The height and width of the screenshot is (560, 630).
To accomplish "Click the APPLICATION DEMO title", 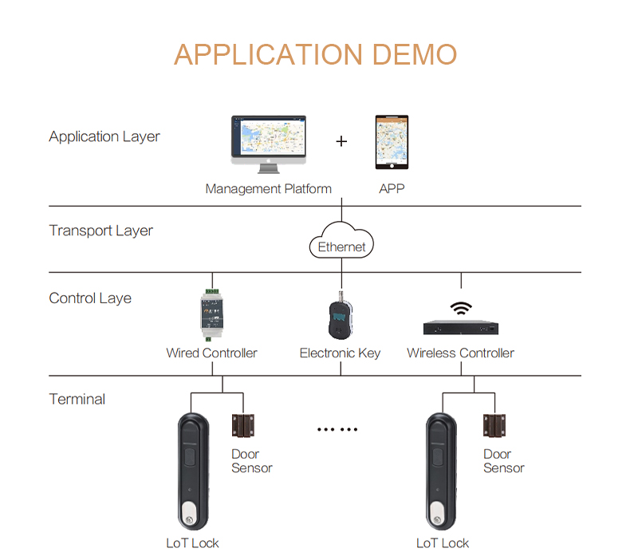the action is pyautogui.click(x=316, y=54).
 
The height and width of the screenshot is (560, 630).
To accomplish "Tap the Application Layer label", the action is pyautogui.click(x=104, y=136).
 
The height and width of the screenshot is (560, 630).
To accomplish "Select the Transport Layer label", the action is pyautogui.click(x=100, y=231).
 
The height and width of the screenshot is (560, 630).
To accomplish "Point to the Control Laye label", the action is pyautogui.click(x=90, y=298).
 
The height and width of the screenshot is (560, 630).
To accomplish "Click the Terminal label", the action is pyautogui.click(x=77, y=399).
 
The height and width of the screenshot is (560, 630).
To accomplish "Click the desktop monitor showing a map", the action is pyautogui.click(x=269, y=144).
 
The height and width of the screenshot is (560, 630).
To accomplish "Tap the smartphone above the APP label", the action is pyautogui.click(x=392, y=142).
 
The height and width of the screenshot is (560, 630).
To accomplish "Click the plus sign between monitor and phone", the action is pyautogui.click(x=341, y=141).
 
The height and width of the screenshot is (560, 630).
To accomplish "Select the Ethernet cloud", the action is pyautogui.click(x=341, y=240).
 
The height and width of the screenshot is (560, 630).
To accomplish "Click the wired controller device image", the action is pyautogui.click(x=212, y=315).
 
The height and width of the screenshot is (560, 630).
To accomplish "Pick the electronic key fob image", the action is pyautogui.click(x=341, y=316).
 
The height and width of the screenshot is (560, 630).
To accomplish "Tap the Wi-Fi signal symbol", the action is pyautogui.click(x=461, y=308).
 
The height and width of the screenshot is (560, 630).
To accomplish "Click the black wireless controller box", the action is pyautogui.click(x=461, y=327).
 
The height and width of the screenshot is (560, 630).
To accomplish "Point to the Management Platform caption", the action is pyautogui.click(x=269, y=189).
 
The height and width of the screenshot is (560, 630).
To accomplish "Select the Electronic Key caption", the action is pyautogui.click(x=340, y=353).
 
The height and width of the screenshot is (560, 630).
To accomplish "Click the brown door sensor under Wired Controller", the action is pyautogui.click(x=243, y=426).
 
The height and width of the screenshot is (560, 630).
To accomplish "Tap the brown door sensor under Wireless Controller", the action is pyautogui.click(x=494, y=426).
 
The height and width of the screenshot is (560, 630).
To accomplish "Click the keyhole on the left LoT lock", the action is pyautogui.click(x=190, y=520).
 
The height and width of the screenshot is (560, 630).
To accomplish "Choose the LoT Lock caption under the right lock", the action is pyautogui.click(x=443, y=543).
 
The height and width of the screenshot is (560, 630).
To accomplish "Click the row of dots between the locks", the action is pyautogui.click(x=337, y=430).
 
